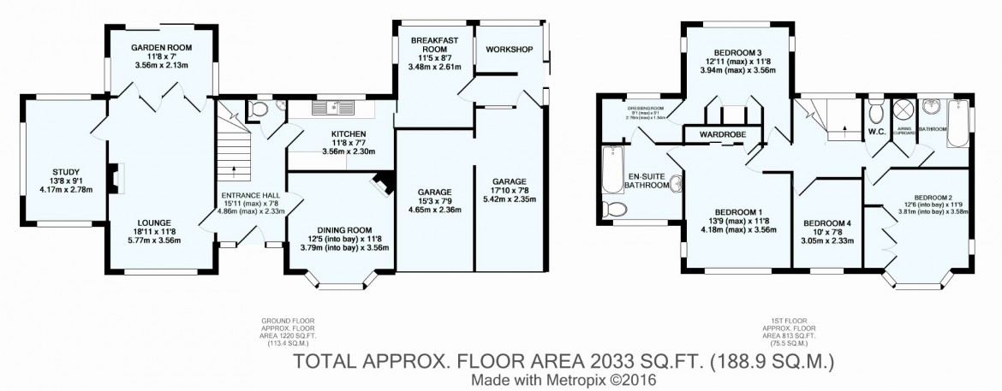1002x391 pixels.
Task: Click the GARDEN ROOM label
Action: (160, 48)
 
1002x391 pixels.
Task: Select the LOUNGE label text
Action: (160, 222)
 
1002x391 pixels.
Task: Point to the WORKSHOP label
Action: (510, 49)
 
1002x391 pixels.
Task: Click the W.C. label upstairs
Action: (875, 133)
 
